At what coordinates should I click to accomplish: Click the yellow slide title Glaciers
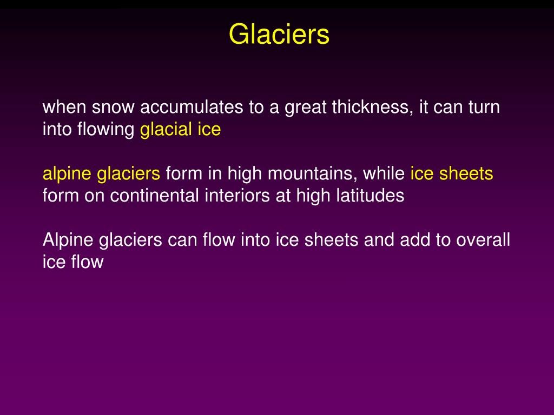click(279, 35)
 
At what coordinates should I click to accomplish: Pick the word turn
click(483, 108)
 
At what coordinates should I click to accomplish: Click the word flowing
click(108, 130)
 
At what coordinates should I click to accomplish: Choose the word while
click(384, 174)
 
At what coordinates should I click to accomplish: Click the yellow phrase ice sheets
click(452, 174)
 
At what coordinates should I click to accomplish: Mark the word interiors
click(238, 196)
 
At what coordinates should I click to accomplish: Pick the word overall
click(483, 240)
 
